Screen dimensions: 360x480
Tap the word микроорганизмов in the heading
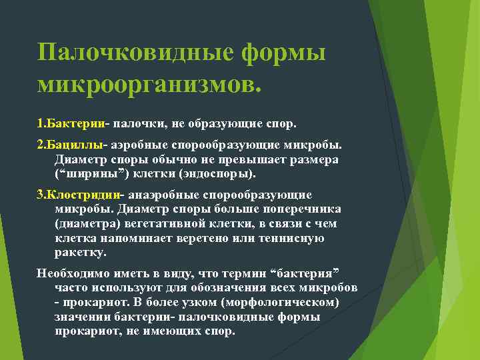[149, 84]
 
